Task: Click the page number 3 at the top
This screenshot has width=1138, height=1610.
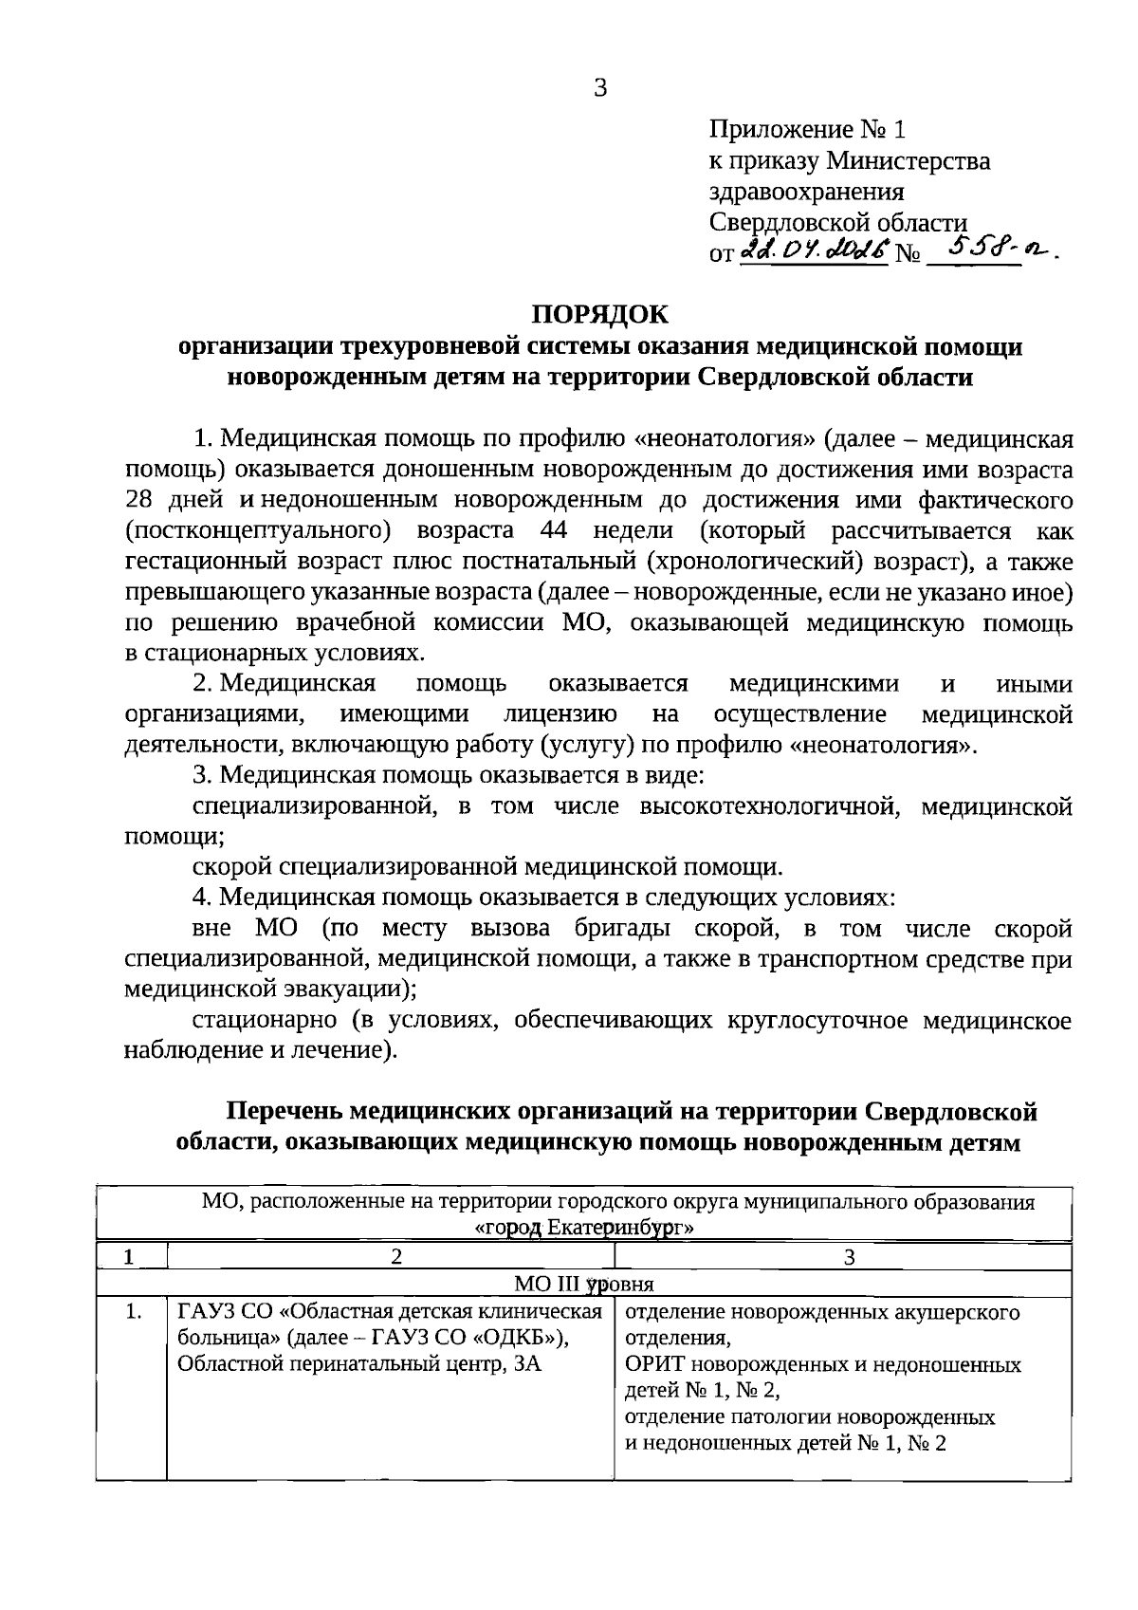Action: (x=599, y=89)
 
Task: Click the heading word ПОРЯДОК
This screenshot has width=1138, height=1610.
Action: (x=599, y=314)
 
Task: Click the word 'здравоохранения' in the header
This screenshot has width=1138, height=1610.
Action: (x=807, y=192)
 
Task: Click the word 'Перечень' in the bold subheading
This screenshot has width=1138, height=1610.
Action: (x=285, y=1111)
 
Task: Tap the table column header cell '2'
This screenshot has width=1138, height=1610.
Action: (x=396, y=1257)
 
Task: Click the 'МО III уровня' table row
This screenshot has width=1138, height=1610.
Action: (x=584, y=1285)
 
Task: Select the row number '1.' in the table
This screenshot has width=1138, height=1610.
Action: (x=133, y=1313)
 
